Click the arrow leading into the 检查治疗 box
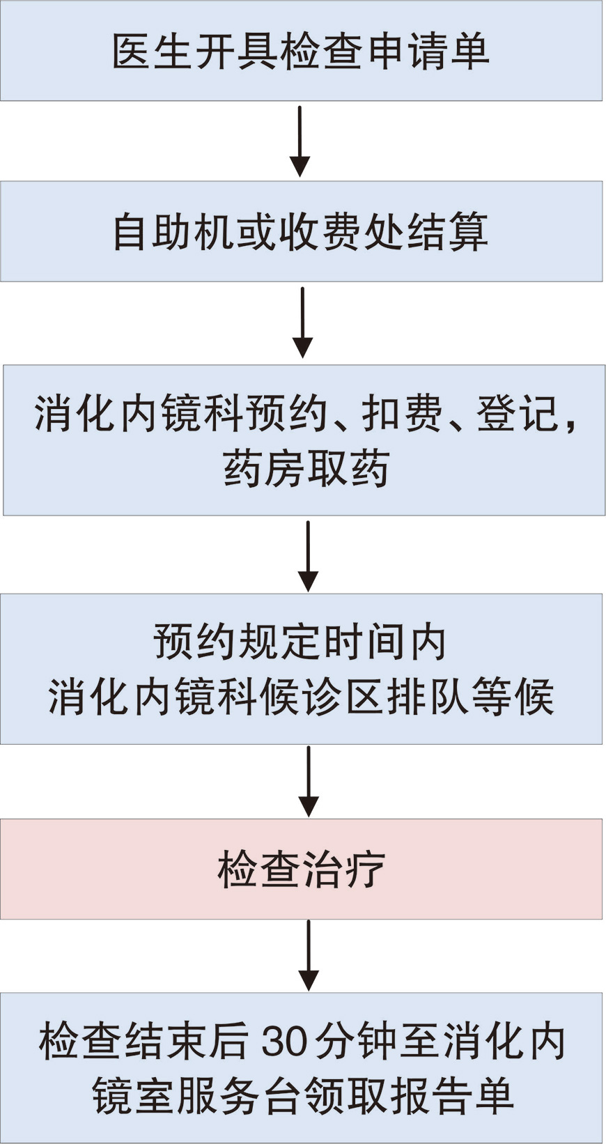pos(308,781)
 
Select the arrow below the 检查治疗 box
pos(308,955)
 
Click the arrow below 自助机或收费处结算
pos(302,323)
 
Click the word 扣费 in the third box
pos(402,414)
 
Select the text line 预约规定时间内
pos(300,642)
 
